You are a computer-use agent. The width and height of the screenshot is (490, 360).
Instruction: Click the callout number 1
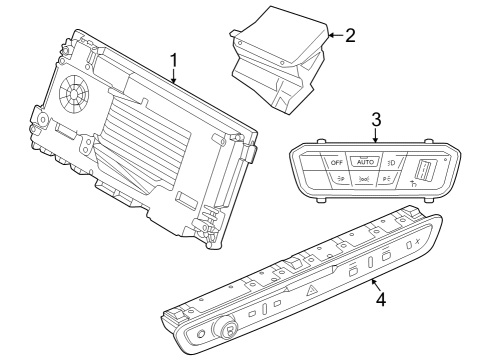[173, 61]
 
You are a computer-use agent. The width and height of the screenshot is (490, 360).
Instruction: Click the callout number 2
[349, 35]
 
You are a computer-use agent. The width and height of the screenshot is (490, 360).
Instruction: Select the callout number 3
[375, 119]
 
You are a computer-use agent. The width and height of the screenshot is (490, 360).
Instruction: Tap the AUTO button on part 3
[366, 161]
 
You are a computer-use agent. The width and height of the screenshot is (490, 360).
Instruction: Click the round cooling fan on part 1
[74, 96]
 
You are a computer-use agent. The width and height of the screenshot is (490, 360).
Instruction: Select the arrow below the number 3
[375, 136]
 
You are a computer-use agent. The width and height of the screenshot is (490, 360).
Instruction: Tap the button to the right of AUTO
[393, 162]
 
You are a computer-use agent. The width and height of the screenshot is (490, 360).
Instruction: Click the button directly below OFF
[340, 180]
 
